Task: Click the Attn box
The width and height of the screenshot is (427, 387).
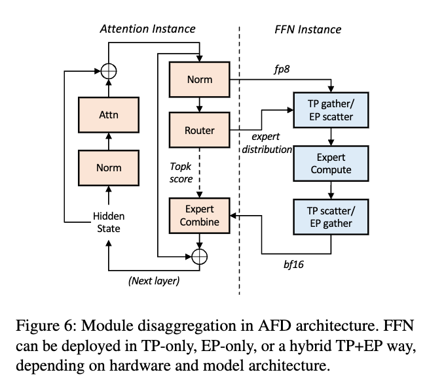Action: point(109,115)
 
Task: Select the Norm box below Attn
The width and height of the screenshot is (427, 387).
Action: point(109,168)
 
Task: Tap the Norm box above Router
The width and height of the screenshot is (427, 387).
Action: point(200,79)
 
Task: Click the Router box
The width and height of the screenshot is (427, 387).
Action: point(200,130)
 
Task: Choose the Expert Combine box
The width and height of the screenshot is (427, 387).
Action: point(200,216)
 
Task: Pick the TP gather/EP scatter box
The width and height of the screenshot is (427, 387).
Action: point(331,110)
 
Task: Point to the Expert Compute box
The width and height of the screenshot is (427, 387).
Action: point(331,163)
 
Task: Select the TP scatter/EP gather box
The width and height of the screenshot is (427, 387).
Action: point(331,217)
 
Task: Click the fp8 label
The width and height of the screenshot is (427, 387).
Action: point(282,69)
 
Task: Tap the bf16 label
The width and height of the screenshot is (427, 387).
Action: point(293,264)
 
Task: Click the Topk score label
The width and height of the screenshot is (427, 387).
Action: point(181,173)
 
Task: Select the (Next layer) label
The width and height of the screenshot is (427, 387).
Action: point(154,280)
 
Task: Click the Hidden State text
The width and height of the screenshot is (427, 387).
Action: point(109,222)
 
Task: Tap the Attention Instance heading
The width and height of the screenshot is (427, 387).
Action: point(148,29)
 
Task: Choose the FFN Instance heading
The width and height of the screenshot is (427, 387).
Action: point(308,29)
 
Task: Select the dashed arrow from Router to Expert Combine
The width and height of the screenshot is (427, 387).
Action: point(200,173)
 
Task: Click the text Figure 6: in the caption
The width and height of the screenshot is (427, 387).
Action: point(45,326)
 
